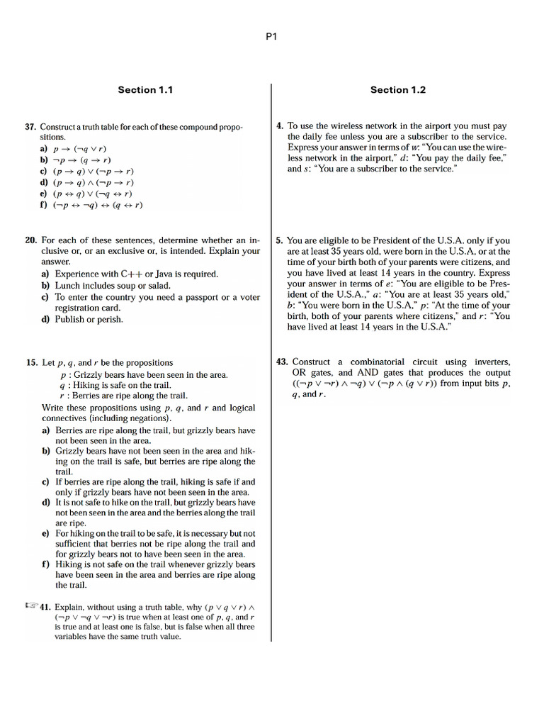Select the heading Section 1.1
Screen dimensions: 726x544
click(145, 90)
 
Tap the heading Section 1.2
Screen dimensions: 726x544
click(398, 90)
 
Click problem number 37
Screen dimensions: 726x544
click(30, 127)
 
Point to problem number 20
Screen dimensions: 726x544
click(30, 240)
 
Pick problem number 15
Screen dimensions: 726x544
click(30, 362)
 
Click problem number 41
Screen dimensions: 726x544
click(45, 607)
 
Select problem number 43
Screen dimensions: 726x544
click(281, 362)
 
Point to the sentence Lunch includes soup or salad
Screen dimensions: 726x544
click(113, 285)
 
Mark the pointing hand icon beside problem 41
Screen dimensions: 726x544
click(30, 606)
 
